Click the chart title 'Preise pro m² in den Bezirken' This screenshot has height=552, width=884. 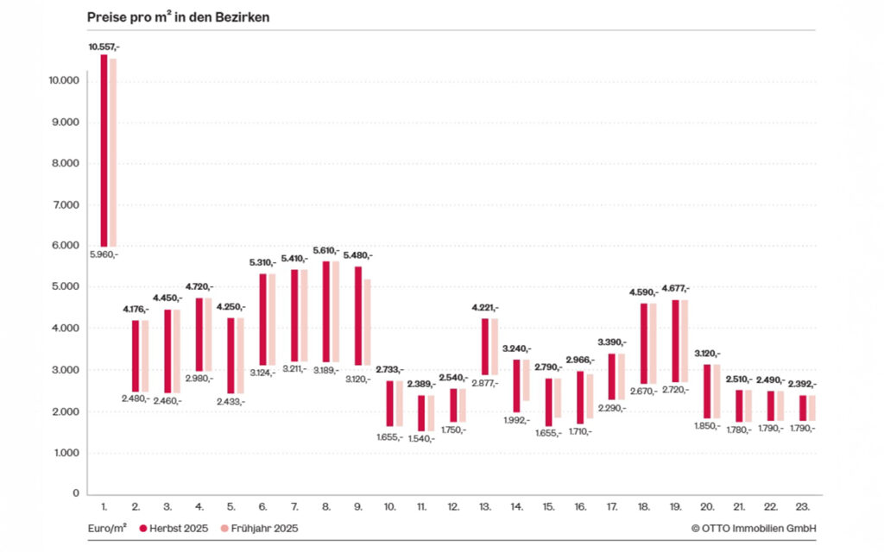click(x=178, y=17)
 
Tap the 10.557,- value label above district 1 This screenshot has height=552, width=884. click(x=104, y=47)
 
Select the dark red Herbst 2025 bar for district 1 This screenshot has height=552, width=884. click(x=104, y=151)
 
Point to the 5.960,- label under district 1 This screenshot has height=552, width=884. click(x=104, y=254)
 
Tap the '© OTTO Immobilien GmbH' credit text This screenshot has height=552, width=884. click(x=754, y=528)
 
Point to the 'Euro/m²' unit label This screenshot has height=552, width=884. click(x=107, y=528)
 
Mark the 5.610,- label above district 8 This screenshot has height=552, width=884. click(x=325, y=250)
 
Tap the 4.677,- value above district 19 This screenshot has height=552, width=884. click(x=675, y=288)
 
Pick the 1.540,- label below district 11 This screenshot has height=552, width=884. click(x=420, y=438)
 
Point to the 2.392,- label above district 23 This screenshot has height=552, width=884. click(x=801, y=384)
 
